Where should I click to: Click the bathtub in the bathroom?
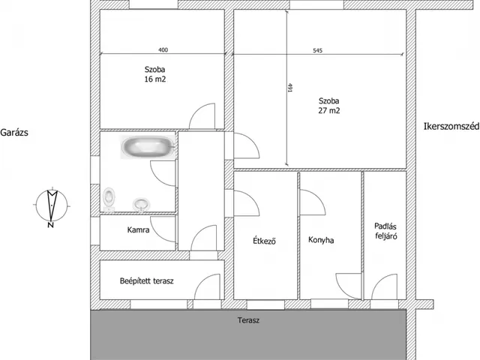coord(148,147)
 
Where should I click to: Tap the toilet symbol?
coord(109,199)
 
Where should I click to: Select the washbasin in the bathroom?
coord(141,205)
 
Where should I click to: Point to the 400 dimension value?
coord(163,50)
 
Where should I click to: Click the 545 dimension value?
coord(318,50)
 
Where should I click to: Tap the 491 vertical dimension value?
coord(290,88)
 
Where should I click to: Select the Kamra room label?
coord(138,230)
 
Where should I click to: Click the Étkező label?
coord(265,241)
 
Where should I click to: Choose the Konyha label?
coord(321,240)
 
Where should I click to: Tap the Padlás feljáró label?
coord(385,231)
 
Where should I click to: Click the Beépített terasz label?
coord(147,280)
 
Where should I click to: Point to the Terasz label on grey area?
coord(248,320)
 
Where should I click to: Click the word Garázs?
coord(14,133)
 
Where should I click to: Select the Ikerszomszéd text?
coord(451,127)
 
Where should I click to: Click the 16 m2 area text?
coord(155,79)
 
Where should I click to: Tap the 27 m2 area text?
coord(328,110)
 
